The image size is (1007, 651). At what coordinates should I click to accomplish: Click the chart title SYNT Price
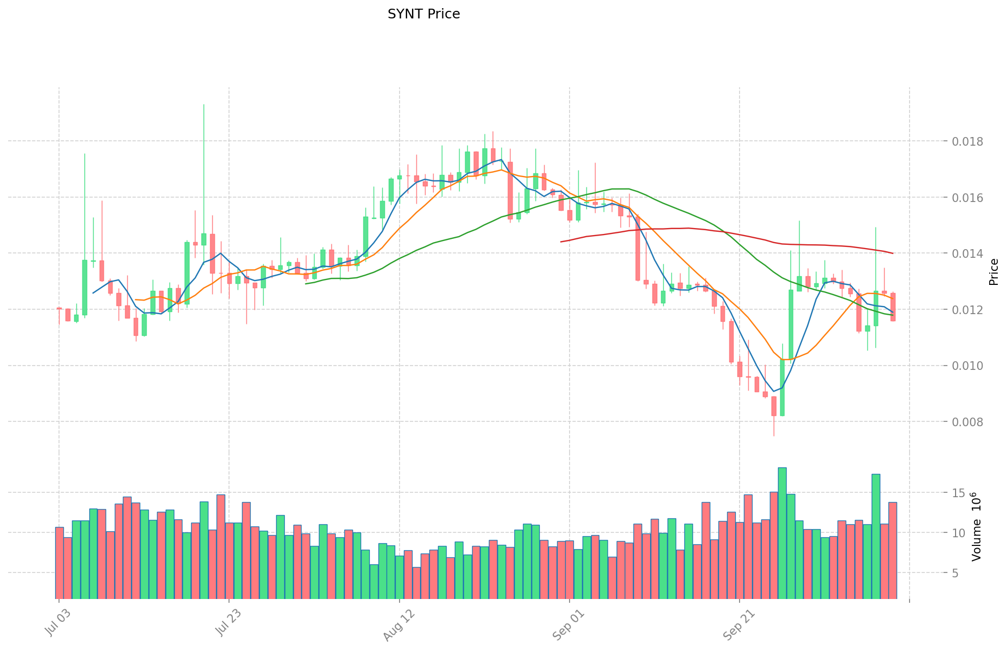pos(423,14)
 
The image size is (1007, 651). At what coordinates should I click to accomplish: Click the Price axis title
pos(993,272)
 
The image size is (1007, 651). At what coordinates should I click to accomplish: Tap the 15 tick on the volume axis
pos(959,493)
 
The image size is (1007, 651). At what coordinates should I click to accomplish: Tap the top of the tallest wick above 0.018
pos(204,105)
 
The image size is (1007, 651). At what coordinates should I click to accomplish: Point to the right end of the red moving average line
pos(893,253)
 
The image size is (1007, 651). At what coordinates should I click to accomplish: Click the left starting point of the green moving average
pos(306,284)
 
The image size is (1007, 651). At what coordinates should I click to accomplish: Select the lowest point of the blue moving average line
pos(774,391)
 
